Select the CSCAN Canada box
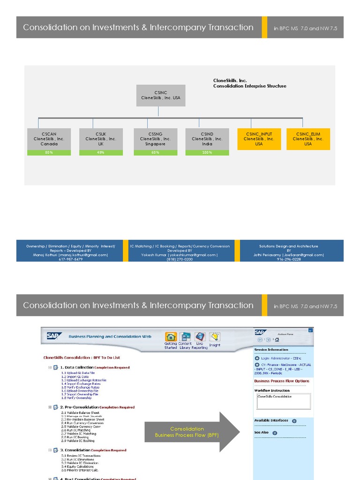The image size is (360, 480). [x=49, y=139]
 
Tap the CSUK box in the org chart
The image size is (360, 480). [x=101, y=139]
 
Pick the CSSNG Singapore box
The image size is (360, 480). [x=155, y=139]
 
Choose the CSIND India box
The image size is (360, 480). [x=207, y=139]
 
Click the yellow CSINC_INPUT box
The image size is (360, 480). [x=259, y=139]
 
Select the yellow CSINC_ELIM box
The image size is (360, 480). [x=308, y=139]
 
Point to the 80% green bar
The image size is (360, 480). [x=49, y=153]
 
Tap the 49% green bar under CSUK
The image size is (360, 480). [x=101, y=153]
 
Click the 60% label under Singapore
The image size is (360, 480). [x=155, y=153]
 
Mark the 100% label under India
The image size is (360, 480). [x=207, y=153]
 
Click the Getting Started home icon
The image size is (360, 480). [x=171, y=337]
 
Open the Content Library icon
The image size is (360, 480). [x=186, y=337]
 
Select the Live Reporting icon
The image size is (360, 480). [x=200, y=337]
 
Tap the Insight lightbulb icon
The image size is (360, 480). [x=215, y=337]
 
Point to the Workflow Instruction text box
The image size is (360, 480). [x=283, y=401]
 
